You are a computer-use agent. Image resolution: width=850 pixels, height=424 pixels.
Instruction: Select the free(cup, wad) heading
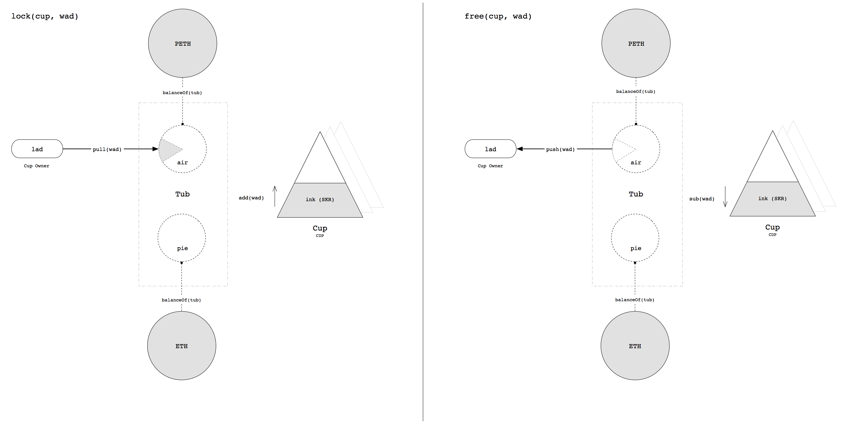pos(498,16)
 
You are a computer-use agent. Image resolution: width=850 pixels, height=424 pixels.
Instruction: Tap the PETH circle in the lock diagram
pos(182,43)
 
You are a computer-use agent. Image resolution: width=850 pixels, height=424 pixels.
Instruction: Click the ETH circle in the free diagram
pos(635,346)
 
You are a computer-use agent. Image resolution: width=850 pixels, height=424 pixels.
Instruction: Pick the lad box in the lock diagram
pos(37,149)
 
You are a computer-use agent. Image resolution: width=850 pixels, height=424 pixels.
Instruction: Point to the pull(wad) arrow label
pos(107,149)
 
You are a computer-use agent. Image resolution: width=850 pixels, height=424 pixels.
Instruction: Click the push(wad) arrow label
pos(560,149)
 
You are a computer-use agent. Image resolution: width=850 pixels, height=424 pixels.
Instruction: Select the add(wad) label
pos(251,198)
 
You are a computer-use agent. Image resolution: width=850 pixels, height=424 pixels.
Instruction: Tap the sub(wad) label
pos(701,199)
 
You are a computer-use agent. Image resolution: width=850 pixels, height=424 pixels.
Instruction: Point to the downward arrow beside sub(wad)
pos(725,197)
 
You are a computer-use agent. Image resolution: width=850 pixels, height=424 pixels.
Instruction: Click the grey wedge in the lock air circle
pos(168,149)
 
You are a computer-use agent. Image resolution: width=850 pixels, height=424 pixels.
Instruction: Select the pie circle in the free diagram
pos(635,237)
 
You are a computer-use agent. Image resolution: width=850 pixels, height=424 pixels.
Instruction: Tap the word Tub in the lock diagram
pos(182,194)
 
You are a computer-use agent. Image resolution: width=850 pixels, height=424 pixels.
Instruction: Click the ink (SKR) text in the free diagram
pos(772,198)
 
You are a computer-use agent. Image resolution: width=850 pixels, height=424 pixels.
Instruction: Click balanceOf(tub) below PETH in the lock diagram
pos(182,93)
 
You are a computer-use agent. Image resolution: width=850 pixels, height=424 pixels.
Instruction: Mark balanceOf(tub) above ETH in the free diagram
pos(635,300)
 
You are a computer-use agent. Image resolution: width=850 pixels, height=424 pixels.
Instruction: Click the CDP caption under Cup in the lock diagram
pos(320,235)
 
